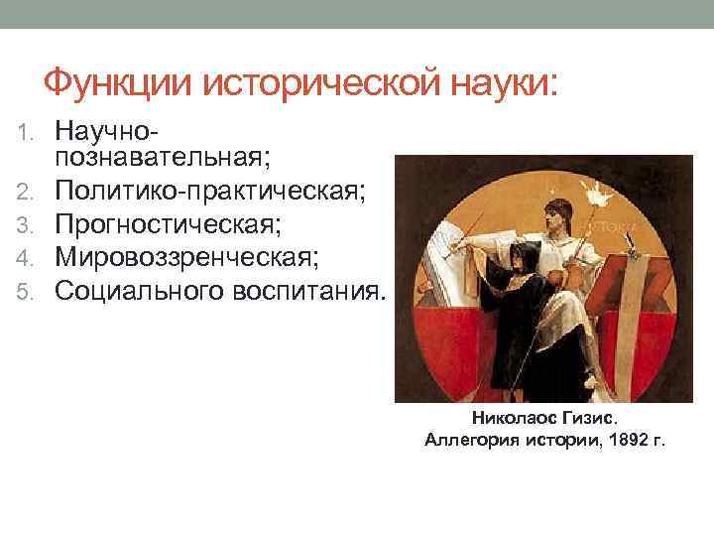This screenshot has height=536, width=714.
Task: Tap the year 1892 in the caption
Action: (x=623, y=439)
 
